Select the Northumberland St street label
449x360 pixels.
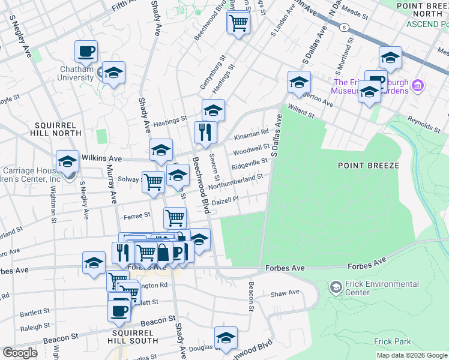click(236, 181)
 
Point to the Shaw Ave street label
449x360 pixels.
click(285, 293)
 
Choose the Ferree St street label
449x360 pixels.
click(136, 215)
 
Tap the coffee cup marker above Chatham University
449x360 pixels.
click(86, 52)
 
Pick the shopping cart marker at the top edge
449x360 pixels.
click(239, 23)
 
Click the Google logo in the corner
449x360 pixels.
click(20, 353)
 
